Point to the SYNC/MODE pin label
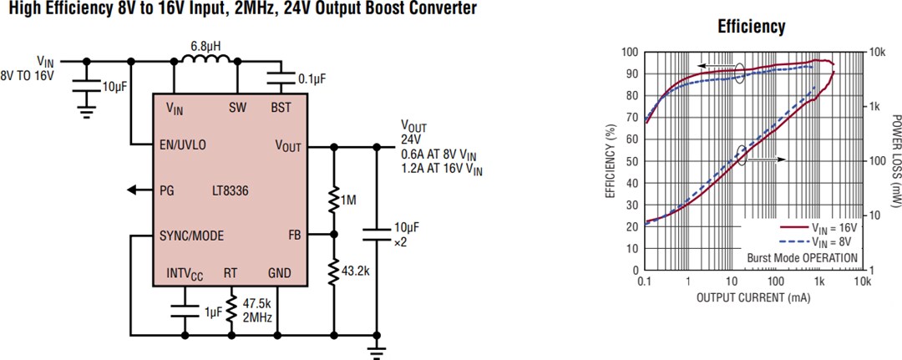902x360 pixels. coord(191,236)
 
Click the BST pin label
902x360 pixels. coord(281,108)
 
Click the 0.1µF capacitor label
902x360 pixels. coord(312,79)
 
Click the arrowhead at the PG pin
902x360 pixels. coord(132,190)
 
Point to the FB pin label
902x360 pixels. coord(295,235)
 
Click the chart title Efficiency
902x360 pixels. coord(751,27)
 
